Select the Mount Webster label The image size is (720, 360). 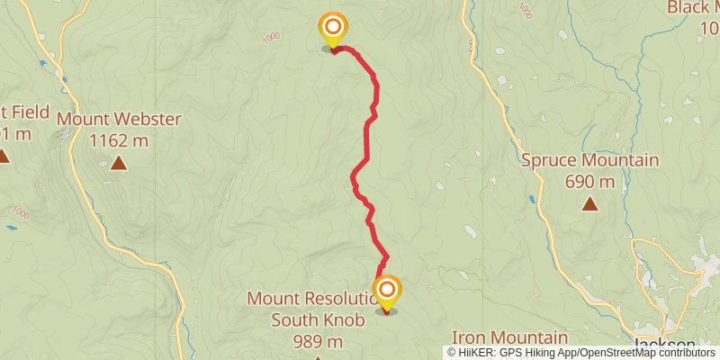pos(119,119)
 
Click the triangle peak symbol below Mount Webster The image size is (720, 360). pos(119,163)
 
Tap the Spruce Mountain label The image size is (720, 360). pos(590,161)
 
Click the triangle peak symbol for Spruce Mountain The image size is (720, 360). pos(589,204)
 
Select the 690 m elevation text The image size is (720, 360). pos(590,182)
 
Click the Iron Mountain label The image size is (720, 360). pos(509,337)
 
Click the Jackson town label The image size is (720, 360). pos(667,345)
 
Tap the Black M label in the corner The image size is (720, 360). pos(693,8)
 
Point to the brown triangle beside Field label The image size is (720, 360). pos(4,157)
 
